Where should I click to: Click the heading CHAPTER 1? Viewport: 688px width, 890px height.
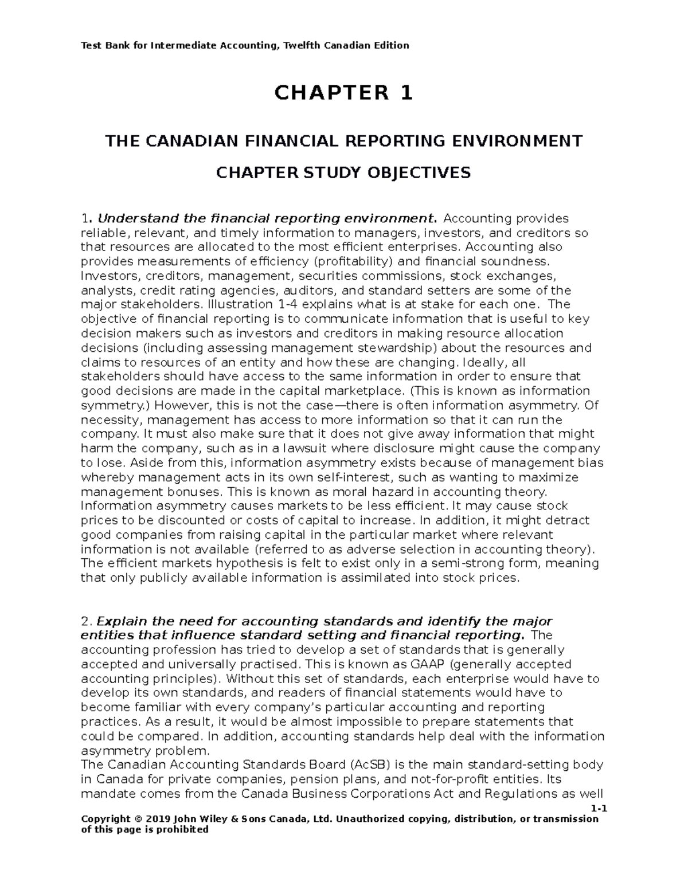[343, 93]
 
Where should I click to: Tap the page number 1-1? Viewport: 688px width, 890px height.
[599, 809]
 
